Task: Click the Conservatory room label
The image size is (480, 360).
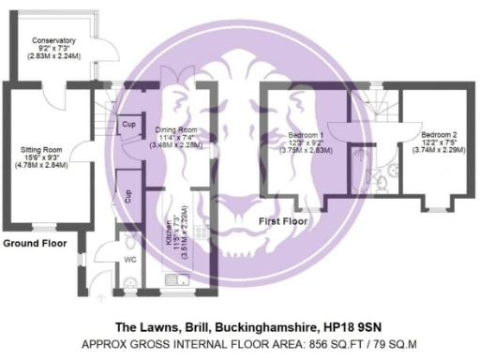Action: pyautogui.click(x=53, y=41)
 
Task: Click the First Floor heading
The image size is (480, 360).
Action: pyautogui.click(x=283, y=221)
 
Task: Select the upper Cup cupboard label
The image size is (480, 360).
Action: pyautogui.click(x=126, y=123)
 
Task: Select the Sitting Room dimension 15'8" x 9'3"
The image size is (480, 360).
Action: pyautogui.click(x=41, y=157)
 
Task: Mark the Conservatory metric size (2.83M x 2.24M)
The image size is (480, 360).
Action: pyautogui.click(x=53, y=56)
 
